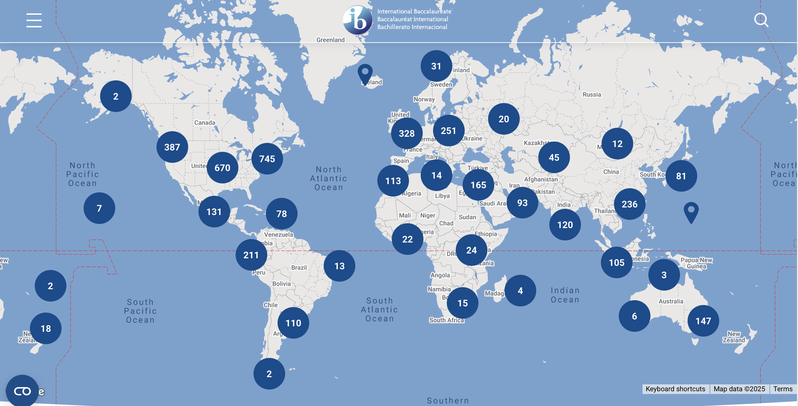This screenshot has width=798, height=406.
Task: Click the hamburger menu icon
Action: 34,20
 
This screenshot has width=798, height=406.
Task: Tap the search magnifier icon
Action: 761,20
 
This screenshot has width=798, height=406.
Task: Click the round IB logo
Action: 358,20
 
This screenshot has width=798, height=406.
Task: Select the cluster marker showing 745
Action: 267,159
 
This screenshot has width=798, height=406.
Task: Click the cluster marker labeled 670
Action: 223,168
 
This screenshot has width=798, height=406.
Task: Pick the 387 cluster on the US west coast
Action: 172,147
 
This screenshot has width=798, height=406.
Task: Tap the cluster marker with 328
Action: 407,133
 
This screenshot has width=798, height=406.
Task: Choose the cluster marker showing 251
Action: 449,131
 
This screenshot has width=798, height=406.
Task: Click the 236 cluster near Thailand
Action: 630,204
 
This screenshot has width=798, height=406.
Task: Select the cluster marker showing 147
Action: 703,321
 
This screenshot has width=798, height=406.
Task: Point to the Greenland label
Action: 330,40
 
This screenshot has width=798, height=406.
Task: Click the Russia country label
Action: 592,94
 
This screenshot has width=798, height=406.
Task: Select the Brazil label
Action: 299,268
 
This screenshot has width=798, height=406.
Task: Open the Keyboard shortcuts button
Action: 675,389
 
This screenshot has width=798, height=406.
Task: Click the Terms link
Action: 783,389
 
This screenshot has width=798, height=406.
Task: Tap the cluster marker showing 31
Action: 436,66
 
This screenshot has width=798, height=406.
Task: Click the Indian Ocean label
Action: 565,295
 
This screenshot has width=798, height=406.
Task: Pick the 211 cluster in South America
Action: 251,255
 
